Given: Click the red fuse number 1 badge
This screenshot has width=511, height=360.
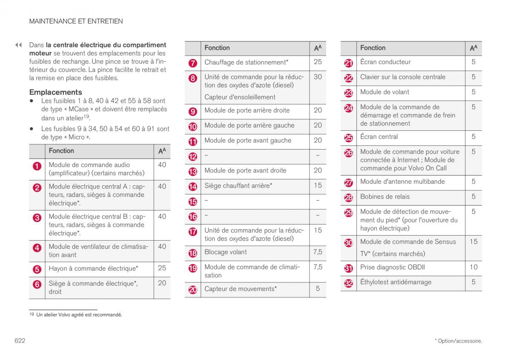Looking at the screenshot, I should point(37,167).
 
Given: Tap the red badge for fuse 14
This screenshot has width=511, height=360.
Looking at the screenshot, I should point(193,187).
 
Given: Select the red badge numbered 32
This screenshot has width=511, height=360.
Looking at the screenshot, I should point(349,283).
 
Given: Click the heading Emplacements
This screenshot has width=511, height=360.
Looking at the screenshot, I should point(55,92).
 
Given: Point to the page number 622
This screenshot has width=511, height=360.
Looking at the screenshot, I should point(20,341).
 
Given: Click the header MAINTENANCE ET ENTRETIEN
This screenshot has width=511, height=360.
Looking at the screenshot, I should point(76,21).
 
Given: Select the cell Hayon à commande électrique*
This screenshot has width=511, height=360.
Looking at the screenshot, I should point(93,268).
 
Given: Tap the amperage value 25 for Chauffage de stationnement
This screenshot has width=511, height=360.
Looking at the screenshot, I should point(318,62).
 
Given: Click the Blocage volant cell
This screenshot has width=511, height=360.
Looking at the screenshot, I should point(226,252).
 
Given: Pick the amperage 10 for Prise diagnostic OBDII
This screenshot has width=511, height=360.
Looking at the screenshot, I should point(474,268).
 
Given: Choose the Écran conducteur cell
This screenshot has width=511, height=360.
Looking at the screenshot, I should point(385,62).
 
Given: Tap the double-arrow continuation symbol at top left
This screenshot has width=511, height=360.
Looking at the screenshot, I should point(18,45).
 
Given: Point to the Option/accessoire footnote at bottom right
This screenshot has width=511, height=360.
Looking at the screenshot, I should point(458,341).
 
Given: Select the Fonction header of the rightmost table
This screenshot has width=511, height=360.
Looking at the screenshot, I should point(373,48).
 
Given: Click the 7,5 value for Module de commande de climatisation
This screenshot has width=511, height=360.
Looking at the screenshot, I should point(318,267).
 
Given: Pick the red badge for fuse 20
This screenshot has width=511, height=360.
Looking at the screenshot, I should point(193,290).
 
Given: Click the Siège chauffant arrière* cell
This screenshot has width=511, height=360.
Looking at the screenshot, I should point(238,186).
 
